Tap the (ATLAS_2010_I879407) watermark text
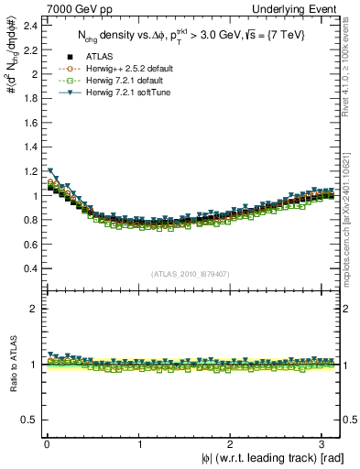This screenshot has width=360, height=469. (x=190, y=273)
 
